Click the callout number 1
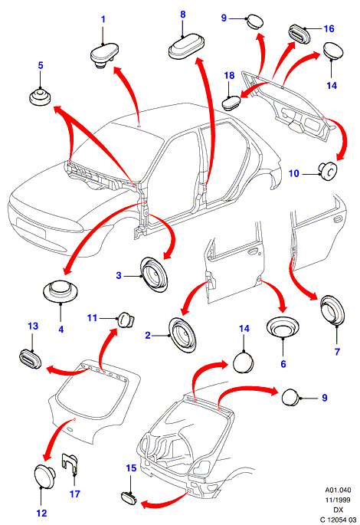click(x=103, y=19)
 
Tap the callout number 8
click(x=182, y=15)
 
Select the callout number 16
click(x=329, y=29)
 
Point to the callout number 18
click(x=229, y=75)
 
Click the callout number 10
click(x=294, y=174)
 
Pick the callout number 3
click(x=119, y=276)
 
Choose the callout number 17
click(x=75, y=494)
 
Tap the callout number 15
click(x=131, y=468)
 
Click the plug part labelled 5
click(x=40, y=97)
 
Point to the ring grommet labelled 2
click(x=182, y=335)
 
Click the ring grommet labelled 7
click(x=333, y=310)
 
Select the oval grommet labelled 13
click(x=30, y=359)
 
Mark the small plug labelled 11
click(x=126, y=319)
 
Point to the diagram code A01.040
click(x=338, y=491)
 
